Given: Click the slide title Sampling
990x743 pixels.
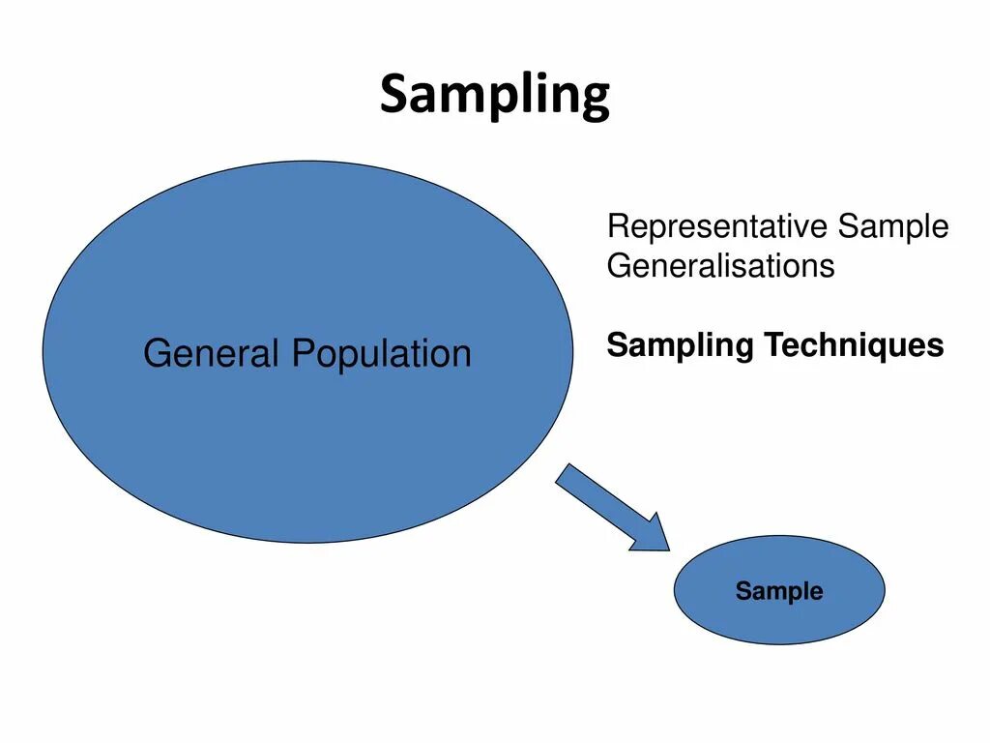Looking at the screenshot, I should [494, 96].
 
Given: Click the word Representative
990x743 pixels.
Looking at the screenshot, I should [717, 227].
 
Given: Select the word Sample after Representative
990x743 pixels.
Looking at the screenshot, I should [893, 227].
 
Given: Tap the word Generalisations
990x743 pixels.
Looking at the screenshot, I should [720, 266].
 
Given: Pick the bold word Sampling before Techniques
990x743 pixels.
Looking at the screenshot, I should [682, 345].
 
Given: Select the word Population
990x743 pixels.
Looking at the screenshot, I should [382, 354].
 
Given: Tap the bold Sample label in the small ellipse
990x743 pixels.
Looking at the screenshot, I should [779, 591].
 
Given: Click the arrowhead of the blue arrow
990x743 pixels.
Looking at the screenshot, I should [654, 536].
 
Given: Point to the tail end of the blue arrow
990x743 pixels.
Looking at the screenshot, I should [568, 475].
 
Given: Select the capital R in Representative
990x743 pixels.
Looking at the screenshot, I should [617, 227].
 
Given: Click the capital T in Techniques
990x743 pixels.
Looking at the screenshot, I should [773, 345].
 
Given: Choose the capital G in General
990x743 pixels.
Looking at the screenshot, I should [157, 353].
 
